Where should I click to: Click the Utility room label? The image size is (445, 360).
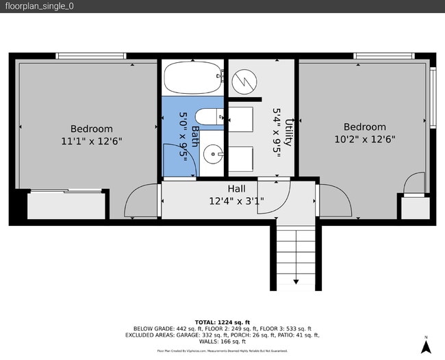point(290,132)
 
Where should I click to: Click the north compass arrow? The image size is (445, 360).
point(425,346)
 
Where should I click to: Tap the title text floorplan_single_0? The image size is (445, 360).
point(39,6)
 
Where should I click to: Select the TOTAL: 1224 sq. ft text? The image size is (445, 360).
point(222,321)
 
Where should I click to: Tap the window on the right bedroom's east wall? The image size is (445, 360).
point(432,97)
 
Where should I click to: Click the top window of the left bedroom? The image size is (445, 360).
point(91,56)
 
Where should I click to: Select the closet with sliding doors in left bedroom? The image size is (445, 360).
point(66,205)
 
